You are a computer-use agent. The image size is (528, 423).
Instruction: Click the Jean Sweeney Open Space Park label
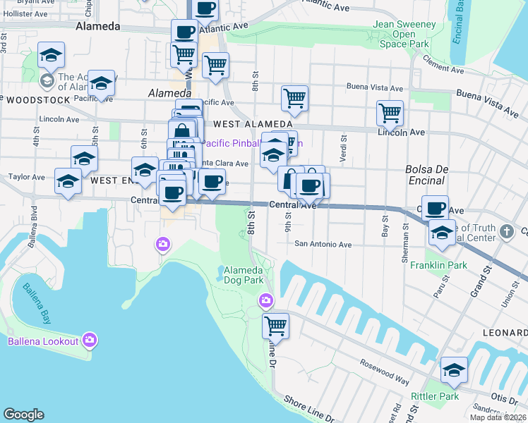click(x=400, y=34)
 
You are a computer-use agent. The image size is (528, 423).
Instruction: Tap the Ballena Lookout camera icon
click(x=89, y=341)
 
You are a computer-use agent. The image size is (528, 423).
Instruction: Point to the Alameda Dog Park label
click(x=244, y=276)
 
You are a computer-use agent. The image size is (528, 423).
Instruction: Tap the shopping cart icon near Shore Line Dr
click(x=275, y=326)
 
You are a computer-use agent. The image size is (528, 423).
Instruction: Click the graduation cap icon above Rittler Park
click(x=454, y=369)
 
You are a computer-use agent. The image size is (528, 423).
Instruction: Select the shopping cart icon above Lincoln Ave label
click(x=390, y=112)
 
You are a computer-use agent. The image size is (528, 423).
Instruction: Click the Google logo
click(x=23, y=415)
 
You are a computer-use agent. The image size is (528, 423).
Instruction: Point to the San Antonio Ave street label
click(x=323, y=245)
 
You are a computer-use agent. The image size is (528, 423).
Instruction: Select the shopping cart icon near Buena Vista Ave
click(x=294, y=99)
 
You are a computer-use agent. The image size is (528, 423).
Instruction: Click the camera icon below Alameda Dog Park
click(x=265, y=300)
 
